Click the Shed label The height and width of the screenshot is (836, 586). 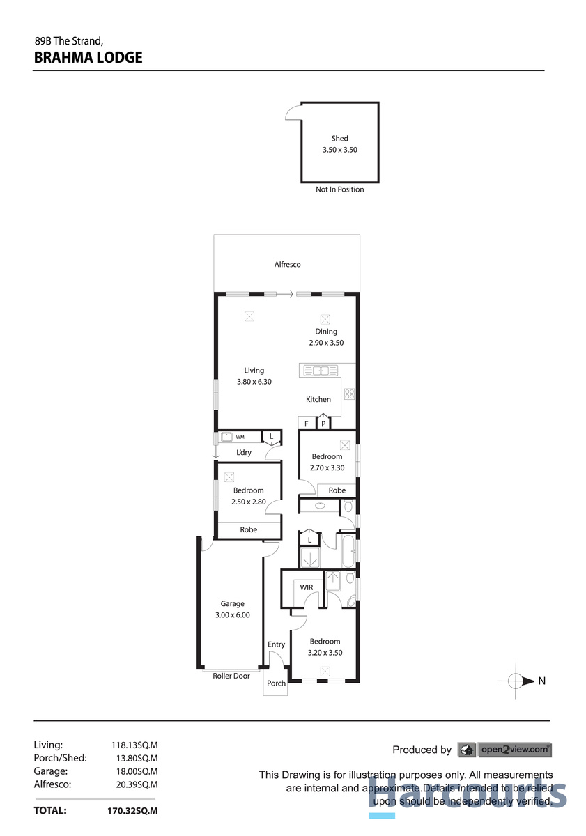[x=339, y=138]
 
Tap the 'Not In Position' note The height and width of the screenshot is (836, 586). [x=339, y=189]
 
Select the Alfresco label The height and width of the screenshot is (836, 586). [x=287, y=265]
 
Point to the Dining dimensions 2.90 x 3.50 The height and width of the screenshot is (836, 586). [x=326, y=343]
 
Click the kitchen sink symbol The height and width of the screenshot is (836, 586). [x=320, y=371]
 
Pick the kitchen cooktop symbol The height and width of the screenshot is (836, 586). [x=349, y=394]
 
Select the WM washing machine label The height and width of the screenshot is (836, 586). [x=240, y=438]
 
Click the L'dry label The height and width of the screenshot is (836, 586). [x=244, y=453]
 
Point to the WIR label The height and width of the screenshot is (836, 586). [x=307, y=587]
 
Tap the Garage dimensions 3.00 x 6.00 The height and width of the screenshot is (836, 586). [x=233, y=615]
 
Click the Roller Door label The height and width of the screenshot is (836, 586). [x=231, y=676]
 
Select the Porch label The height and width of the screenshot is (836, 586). [x=277, y=683]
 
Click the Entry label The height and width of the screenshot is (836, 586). [x=277, y=644]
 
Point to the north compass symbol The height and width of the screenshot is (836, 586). [x=516, y=681]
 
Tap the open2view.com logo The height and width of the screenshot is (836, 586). [x=504, y=750]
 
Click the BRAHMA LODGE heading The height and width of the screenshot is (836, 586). [x=88, y=58]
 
